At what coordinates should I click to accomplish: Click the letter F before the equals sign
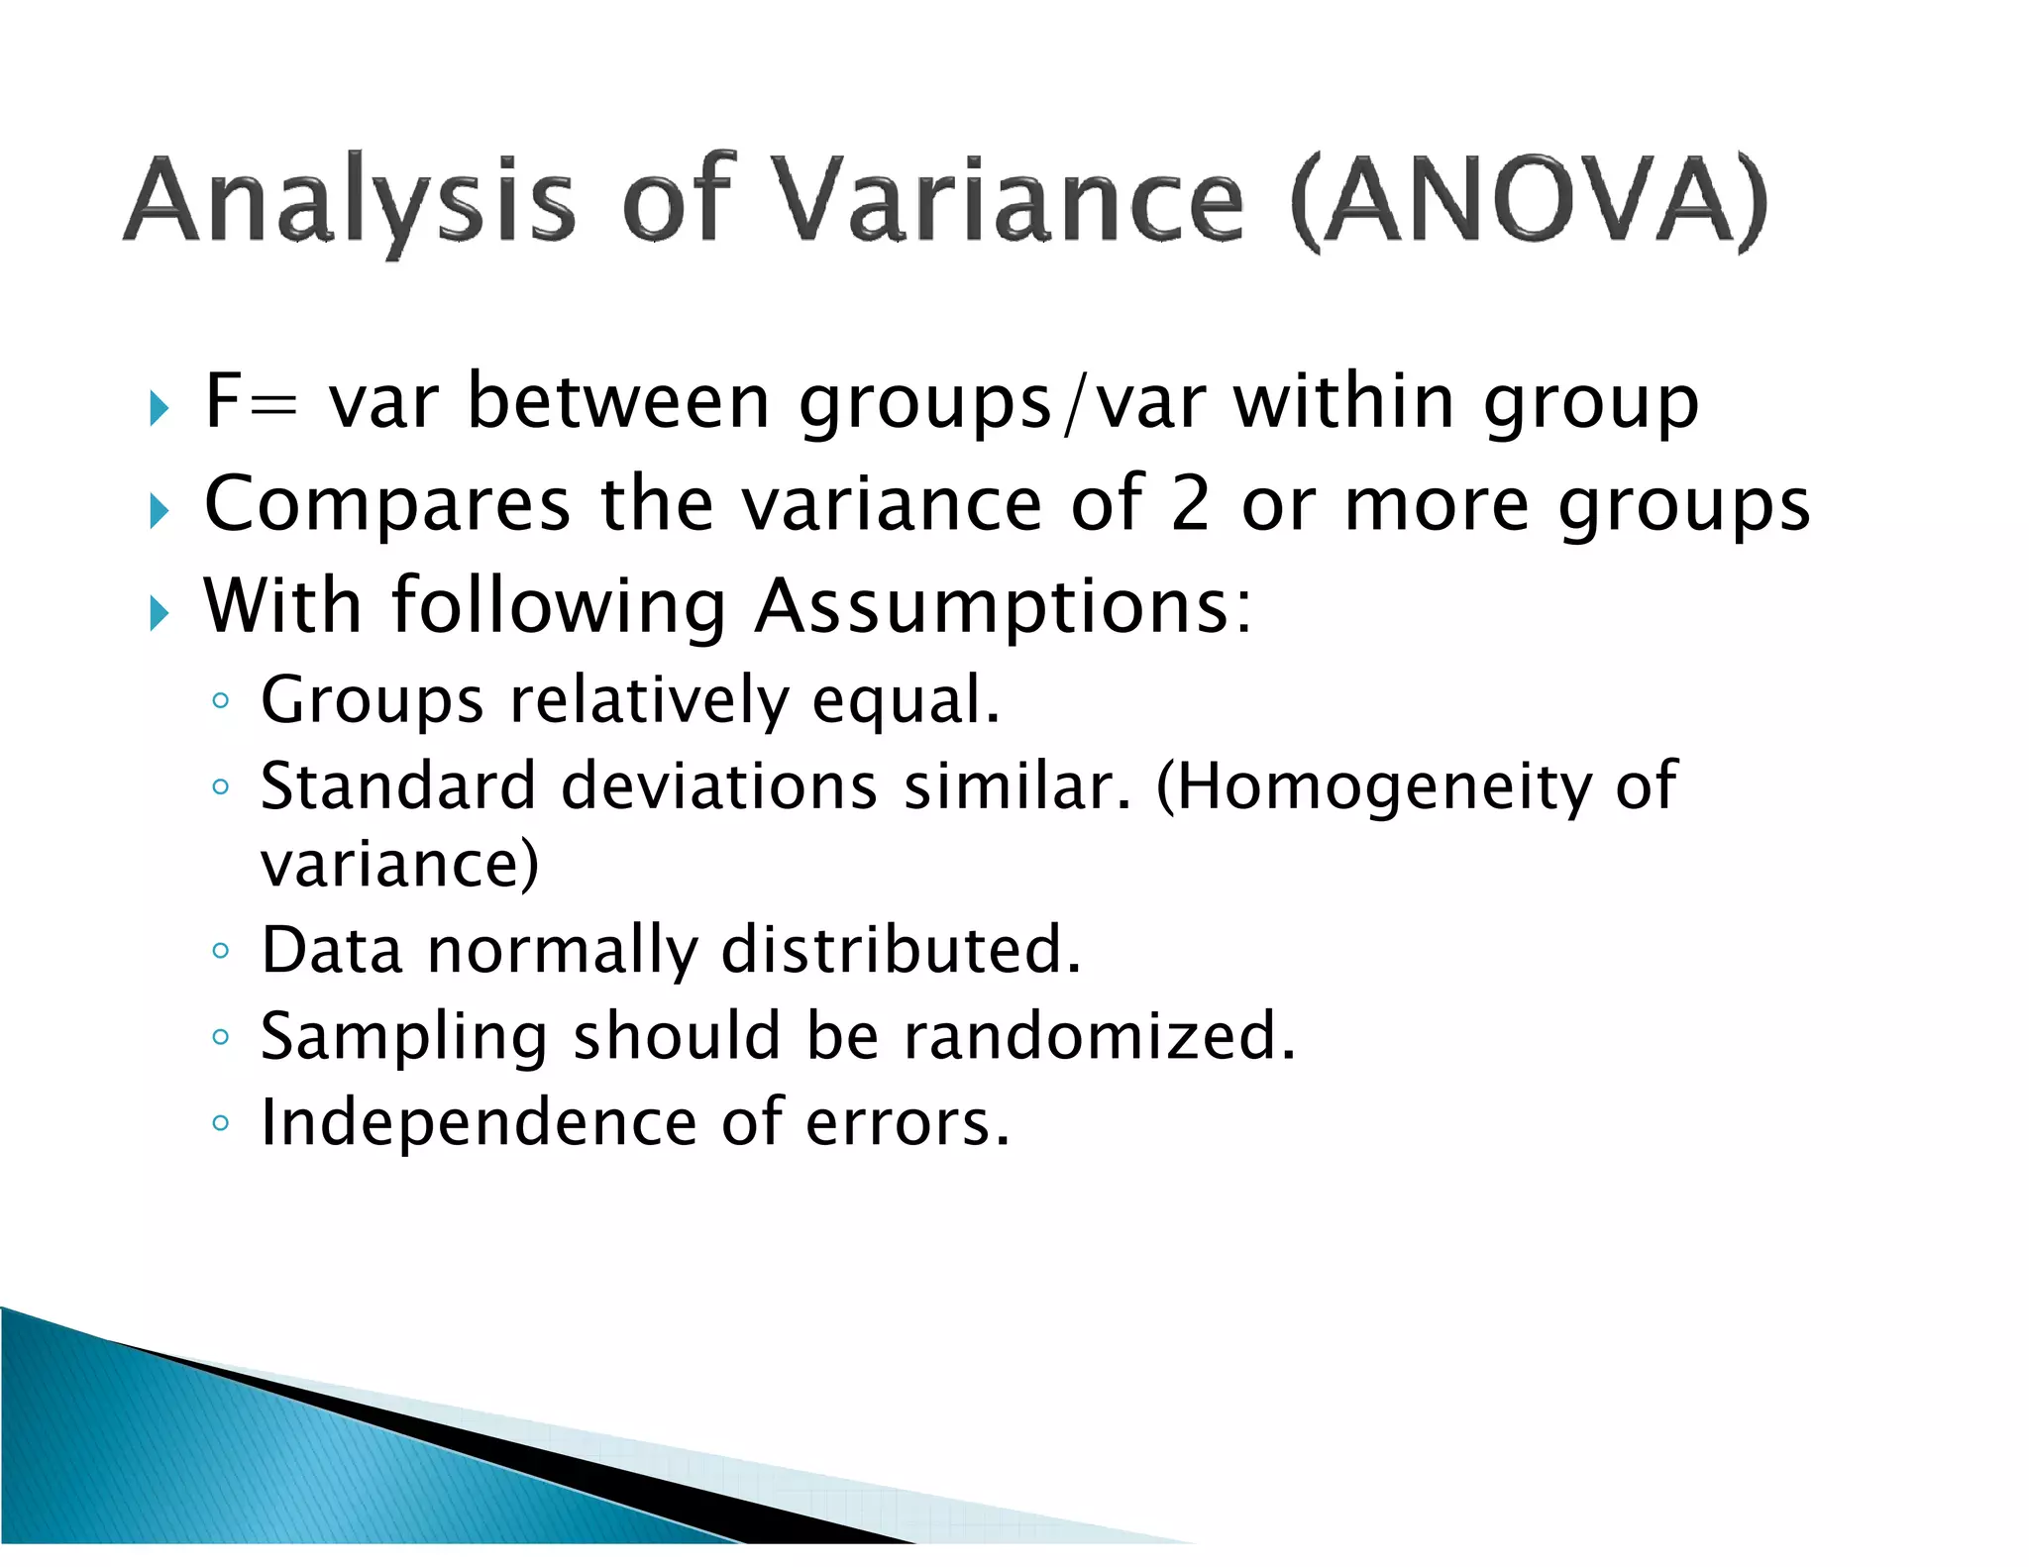[x=222, y=400]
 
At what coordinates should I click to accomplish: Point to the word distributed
[x=901, y=950]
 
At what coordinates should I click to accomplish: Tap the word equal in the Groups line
[x=906, y=700]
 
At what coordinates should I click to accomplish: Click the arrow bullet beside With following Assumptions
[x=160, y=614]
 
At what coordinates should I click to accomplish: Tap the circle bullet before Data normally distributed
[x=221, y=952]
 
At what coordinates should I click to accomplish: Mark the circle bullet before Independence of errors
[x=221, y=1123]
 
